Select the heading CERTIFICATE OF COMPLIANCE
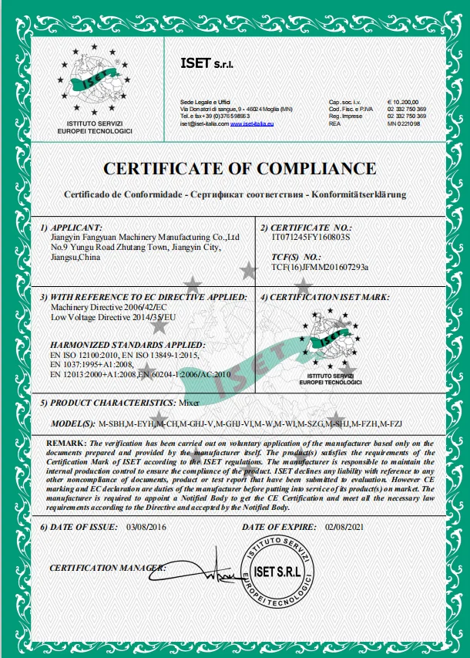coord(240,169)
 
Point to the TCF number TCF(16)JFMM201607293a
coord(320,267)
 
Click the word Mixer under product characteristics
coord(189,403)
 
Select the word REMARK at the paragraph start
coord(66,443)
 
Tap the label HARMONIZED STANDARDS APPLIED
coord(127,344)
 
